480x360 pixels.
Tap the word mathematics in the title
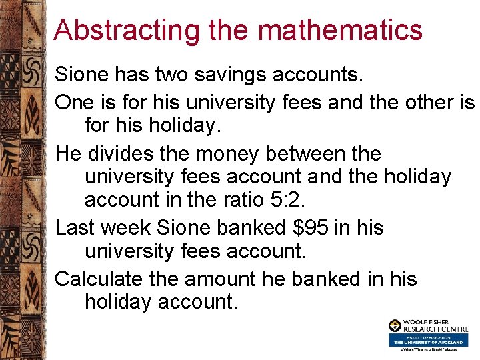(340, 31)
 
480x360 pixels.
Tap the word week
(127, 228)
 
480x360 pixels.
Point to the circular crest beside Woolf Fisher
(395, 325)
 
